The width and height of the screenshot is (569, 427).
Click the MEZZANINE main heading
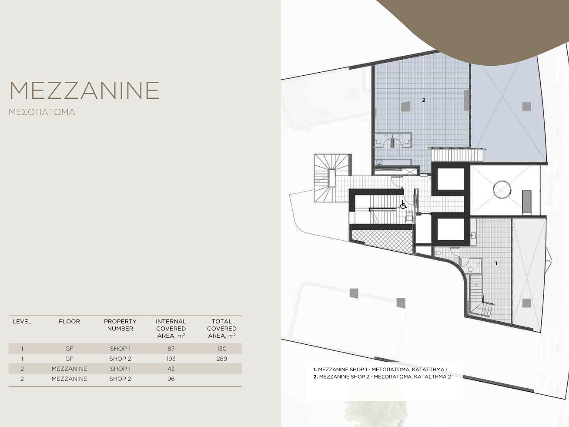tap(84, 90)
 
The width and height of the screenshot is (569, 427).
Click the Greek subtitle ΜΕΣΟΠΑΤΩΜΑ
tap(42, 112)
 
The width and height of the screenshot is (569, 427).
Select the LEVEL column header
tap(22, 322)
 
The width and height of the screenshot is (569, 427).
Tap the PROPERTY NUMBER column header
tap(120, 325)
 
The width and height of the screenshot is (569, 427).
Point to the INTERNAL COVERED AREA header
tap(171, 329)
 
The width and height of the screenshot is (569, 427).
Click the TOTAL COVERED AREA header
tap(221, 329)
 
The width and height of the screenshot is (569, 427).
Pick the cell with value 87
tap(171, 349)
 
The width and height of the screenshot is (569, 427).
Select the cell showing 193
tap(171, 359)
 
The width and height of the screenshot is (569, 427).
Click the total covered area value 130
tap(221, 349)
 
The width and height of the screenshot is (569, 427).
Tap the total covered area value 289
tap(221, 359)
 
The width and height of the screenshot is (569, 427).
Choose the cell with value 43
tap(171, 369)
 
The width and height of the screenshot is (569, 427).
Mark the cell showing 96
tap(171, 379)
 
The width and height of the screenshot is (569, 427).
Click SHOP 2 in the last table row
tap(120, 379)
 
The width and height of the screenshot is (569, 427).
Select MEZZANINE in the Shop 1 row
tap(69, 369)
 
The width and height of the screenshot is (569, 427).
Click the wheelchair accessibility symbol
tap(403, 205)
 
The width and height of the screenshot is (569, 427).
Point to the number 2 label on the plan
tap(424, 100)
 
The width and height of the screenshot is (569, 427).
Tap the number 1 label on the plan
tap(496, 263)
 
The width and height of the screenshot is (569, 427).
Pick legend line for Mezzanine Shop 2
tap(382, 377)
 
